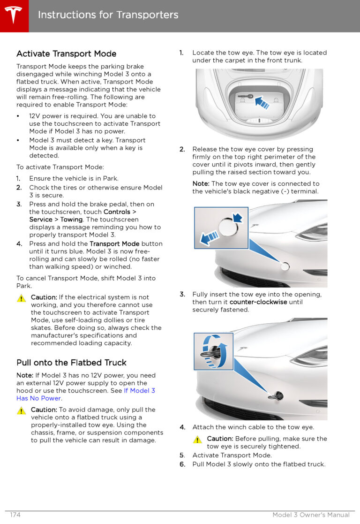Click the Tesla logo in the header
point(14,15)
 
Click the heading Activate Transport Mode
point(66,54)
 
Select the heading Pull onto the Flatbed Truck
point(71,363)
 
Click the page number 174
point(15,515)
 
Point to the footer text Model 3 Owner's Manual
point(311,515)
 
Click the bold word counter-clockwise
point(258,302)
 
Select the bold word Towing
point(71,220)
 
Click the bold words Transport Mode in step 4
point(114,244)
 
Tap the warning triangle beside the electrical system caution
point(21,298)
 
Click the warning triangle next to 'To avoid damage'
point(21,410)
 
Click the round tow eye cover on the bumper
point(285,266)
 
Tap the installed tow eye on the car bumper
point(277,396)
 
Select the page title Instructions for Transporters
point(108,15)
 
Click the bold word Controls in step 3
point(117,212)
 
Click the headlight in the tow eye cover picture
point(313,231)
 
